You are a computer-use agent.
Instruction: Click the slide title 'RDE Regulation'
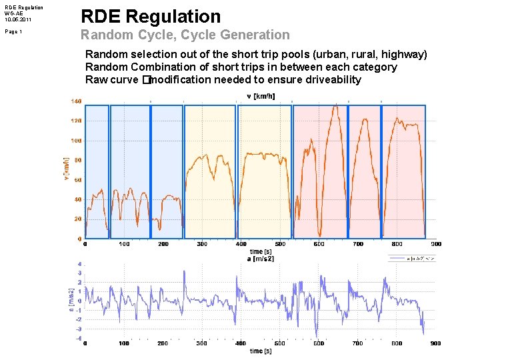151,17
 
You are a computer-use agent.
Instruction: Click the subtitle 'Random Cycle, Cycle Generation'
185,35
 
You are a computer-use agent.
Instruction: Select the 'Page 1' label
13,31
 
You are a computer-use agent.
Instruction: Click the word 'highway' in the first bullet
402,54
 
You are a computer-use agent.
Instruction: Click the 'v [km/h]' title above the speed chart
256,96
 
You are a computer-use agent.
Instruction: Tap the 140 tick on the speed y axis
76,101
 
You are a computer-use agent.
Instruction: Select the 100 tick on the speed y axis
76,141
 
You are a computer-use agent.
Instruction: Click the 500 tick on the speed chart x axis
280,244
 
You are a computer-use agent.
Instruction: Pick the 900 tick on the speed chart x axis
436,244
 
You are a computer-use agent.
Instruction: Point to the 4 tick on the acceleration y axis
79,265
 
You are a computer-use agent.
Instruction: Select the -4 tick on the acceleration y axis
79,339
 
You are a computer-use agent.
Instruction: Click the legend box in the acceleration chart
414,258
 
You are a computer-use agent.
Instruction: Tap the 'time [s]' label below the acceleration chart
261,351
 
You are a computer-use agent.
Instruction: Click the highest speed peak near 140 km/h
335,105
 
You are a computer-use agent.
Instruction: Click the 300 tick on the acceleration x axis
202,343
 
